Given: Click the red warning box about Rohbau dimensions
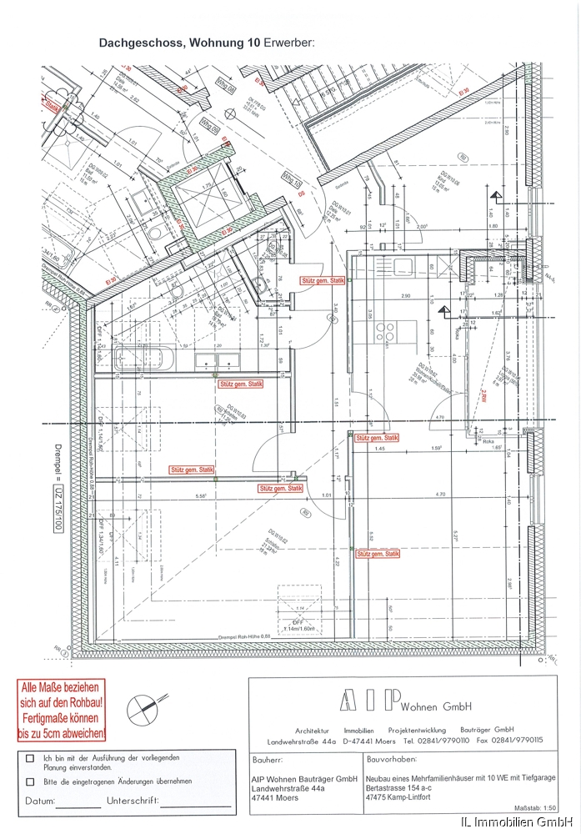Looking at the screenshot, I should click(63, 711).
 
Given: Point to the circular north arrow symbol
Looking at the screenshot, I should click(141, 710).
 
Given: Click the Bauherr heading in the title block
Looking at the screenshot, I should click(268, 761).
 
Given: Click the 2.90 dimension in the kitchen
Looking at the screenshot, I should click(405, 297).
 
